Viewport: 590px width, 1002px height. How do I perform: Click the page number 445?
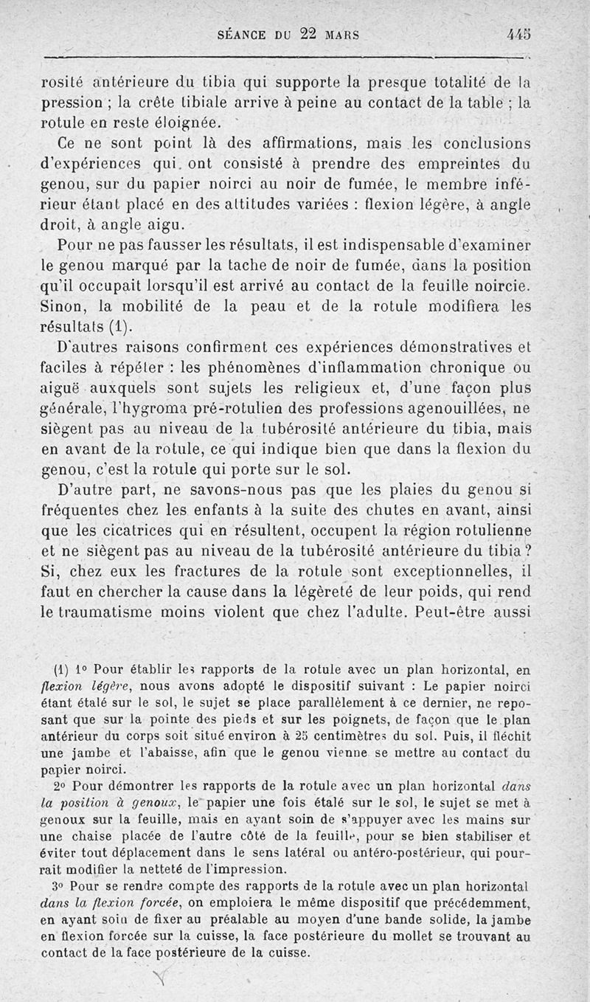coord(519,34)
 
